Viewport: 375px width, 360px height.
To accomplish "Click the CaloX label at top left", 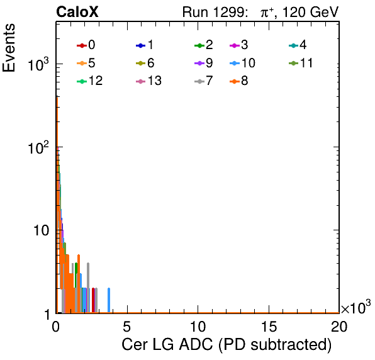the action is (77, 12).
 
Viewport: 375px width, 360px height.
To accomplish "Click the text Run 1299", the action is (215, 12).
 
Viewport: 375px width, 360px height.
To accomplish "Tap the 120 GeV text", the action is (311, 12).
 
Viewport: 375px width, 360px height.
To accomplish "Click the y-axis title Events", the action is (9, 48).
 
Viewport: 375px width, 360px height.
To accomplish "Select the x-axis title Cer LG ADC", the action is (167, 344).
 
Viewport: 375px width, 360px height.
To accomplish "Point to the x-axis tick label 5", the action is (126, 326).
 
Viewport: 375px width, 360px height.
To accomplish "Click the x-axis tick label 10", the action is (198, 326).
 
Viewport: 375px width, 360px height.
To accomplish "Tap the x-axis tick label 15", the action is (269, 326).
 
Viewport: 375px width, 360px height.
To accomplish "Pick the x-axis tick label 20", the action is (339, 326).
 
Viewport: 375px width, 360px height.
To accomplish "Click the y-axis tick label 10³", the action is (38, 64).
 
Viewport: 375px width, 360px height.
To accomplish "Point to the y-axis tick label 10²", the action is (38, 147).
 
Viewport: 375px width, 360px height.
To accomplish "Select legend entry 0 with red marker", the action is (86, 45).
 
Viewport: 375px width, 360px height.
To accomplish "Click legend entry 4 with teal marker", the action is (298, 45).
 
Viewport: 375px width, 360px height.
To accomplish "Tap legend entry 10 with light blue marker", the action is (242, 63).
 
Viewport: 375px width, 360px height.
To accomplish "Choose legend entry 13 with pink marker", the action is (148, 81).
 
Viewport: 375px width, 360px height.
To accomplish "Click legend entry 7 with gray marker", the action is (204, 81).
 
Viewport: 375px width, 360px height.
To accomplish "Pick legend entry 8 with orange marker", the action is (239, 81).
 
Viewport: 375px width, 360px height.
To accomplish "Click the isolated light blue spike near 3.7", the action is (109, 300).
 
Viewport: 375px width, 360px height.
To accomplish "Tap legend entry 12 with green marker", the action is (90, 81).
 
